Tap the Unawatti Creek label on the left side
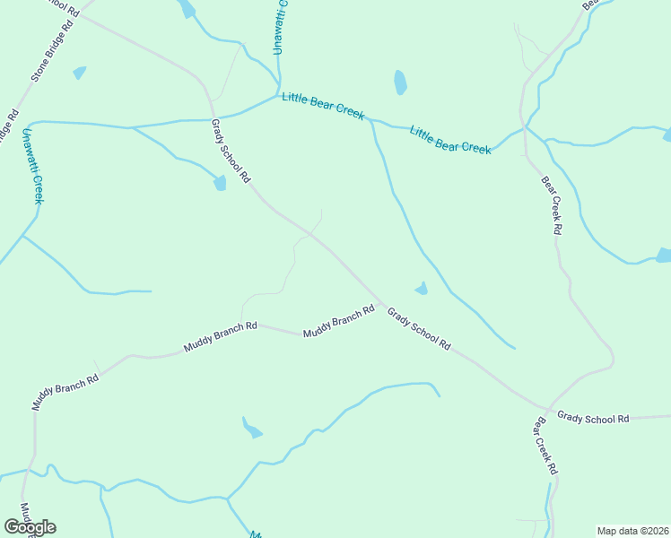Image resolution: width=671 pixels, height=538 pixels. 32,166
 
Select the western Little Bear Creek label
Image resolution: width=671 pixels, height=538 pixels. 323,106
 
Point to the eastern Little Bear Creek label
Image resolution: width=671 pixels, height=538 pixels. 450,139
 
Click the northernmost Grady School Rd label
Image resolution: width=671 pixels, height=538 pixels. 230,152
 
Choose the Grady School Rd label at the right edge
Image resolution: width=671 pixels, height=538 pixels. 593,417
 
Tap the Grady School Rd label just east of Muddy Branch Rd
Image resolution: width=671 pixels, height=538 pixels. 418,328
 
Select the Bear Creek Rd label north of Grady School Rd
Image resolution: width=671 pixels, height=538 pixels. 552,205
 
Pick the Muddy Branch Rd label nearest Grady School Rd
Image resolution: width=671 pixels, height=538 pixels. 338,322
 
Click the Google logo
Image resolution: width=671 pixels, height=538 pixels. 30,527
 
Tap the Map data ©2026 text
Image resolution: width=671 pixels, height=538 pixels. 632,530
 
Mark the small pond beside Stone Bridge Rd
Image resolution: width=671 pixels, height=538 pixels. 80,72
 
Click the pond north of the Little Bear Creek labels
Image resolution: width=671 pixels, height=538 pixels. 400,82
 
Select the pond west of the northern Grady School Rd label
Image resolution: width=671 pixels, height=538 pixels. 220,183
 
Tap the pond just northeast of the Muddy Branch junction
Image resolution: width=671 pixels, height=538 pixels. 421,288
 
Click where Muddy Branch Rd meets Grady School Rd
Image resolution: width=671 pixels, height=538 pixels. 384,306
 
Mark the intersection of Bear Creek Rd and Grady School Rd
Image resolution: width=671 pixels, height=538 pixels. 547,408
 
